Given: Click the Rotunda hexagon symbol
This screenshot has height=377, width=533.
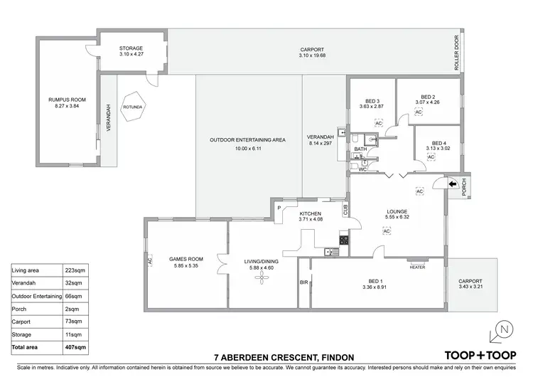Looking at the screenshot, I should [x=133, y=107].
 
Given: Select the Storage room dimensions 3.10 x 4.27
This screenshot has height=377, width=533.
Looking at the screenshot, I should [x=131, y=55].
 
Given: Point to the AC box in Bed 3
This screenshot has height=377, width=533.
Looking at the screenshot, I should [x=379, y=123].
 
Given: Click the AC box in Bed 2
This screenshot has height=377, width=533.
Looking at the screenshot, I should [x=419, y=112].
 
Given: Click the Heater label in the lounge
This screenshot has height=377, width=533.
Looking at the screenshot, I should [x=417, y=267].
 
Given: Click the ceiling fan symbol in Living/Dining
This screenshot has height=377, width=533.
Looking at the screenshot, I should [x=259, y=276].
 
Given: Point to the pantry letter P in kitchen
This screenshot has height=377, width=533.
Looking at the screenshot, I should [x=279, y=209].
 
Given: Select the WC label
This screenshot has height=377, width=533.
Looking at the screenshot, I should [x=362, y=170].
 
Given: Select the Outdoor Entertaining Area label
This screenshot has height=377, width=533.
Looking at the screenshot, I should [x=249, y=140].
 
